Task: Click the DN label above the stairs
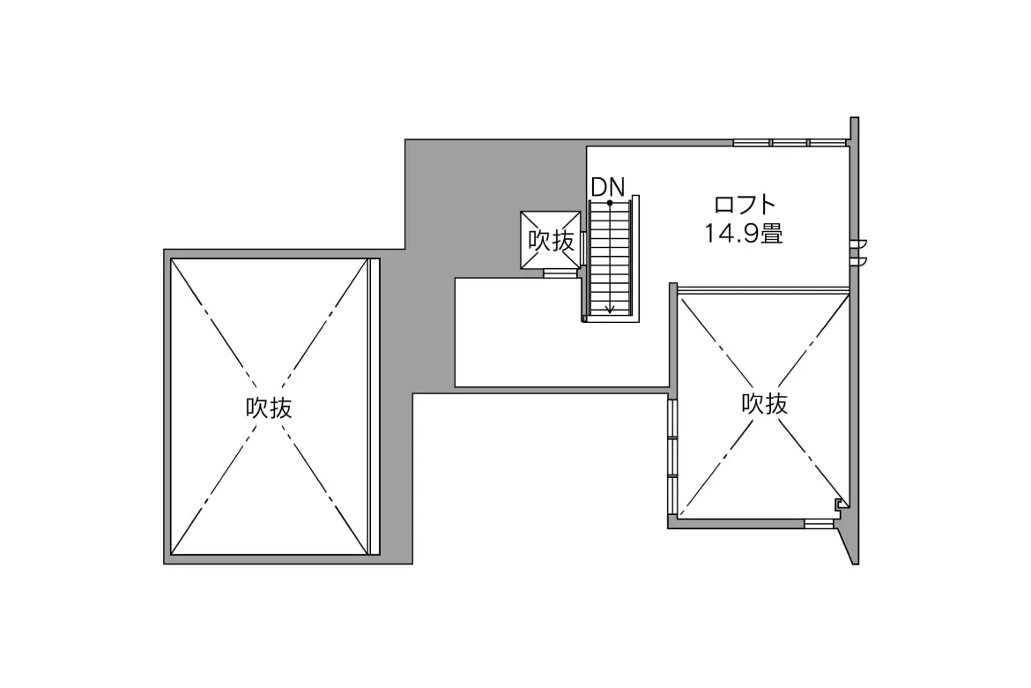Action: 607,187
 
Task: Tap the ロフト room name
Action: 745,205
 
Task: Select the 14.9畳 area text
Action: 744,234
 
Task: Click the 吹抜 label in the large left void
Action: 270,408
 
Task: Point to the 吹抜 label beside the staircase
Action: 551,240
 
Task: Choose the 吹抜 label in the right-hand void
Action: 764,404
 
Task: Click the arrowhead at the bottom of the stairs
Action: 610,310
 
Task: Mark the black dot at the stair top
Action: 610,203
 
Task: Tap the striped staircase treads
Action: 610,260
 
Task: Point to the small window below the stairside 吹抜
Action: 560,273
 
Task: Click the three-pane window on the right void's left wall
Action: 672,457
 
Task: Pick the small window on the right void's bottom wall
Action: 819,524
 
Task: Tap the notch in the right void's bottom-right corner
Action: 840,504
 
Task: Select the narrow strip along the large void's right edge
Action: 375,407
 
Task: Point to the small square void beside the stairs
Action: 551,240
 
